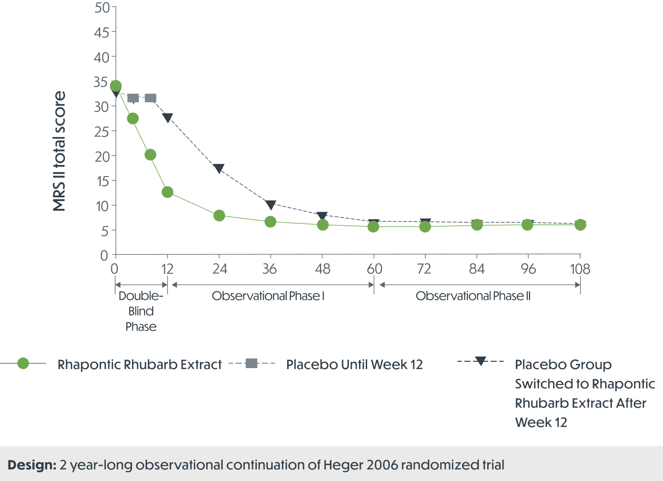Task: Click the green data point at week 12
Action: tap(167, 192)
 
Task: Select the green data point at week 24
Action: tap(219, 215)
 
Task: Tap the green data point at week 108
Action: tap(580, 225)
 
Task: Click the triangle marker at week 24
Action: tap(219, 168)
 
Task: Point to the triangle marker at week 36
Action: tap(270, 205)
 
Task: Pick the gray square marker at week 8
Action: tap(150, 98)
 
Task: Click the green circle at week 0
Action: tap(116, 86)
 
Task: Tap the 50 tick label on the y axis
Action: tap(102, 8)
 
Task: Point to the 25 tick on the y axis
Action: tap(102, 132)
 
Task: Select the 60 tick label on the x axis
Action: tap(374, 269)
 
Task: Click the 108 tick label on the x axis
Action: tap(580, 269)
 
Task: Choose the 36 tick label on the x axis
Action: tap(270, 269)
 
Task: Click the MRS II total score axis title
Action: tap(59, 151)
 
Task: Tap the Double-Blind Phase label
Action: tap(141, 311)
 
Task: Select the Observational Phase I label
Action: tap(268, 296)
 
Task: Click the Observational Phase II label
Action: tap(473, 296)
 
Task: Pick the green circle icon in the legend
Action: tap(23, 364)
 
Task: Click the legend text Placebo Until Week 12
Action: tap(354, 365)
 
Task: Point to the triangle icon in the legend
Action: tap(480, 361)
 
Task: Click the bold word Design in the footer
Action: tap(32, 465)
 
